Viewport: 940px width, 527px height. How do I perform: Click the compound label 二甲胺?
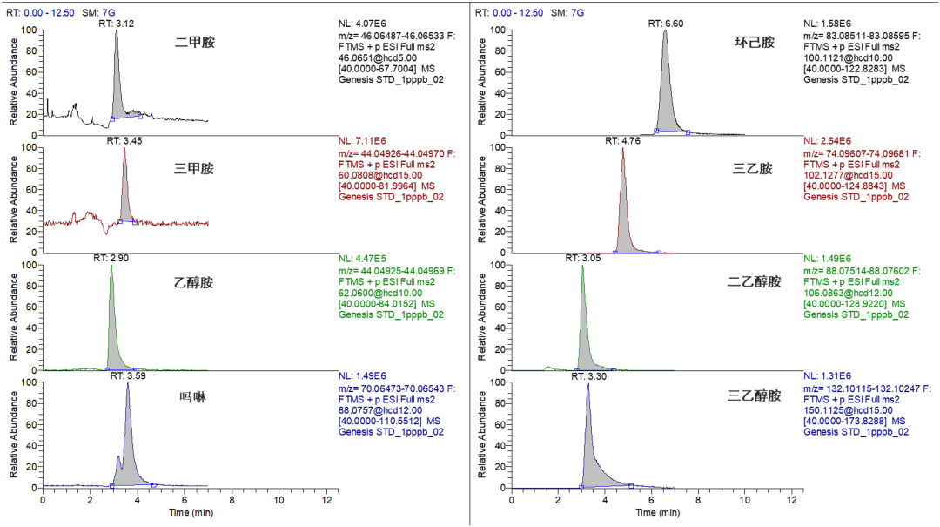pos(194,41)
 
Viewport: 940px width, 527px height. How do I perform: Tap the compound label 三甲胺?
pos(194,169)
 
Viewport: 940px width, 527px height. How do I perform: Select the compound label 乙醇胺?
pos(194,282)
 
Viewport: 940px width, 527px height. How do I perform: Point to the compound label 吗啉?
pos(192,396)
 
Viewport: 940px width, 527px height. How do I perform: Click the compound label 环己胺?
pos(754,42)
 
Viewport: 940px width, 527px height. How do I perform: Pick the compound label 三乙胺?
pos(753,169)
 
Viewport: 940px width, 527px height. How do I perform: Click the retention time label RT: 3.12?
pos(116,23)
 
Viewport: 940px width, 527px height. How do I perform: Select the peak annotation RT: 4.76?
pos(623,139)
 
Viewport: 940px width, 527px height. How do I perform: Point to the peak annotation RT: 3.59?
pos(127,375)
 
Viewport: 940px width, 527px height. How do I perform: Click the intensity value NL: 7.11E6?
pos(364,140)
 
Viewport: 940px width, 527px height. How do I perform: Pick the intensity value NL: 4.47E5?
pos(364,259)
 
